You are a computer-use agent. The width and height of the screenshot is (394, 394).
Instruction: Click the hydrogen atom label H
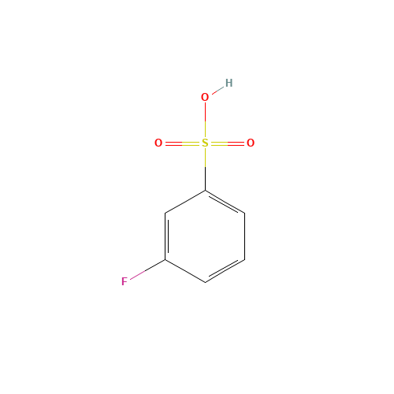coord(229,83)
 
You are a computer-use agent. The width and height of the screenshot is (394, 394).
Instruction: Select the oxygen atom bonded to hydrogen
coord(205,97)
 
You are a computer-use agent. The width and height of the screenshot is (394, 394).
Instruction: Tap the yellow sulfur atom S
coord(205,143)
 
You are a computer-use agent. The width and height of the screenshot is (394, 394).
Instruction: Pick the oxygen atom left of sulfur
coord(158,143)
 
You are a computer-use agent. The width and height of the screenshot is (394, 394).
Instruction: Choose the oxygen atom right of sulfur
coord(251,143)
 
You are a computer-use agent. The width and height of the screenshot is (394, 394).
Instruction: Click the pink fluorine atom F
coord(125,281)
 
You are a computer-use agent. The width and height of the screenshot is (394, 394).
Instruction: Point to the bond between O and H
coord(217,90)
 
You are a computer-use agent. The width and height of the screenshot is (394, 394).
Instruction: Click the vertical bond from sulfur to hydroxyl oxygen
coord(205,120)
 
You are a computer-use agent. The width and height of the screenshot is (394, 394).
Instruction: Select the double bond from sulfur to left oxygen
coord(181,143)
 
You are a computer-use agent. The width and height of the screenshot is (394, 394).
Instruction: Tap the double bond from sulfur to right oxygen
coord(229,143)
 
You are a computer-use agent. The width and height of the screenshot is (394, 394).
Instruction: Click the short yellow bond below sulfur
coord(205,158)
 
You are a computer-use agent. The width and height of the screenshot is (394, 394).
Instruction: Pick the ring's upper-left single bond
coord(185,202)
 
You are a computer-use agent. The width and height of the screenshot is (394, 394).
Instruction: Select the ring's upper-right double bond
coord(225,202)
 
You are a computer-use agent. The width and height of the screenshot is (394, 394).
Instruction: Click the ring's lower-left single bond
coord(185,270)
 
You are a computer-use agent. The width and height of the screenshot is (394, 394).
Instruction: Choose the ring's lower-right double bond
coord(225,270)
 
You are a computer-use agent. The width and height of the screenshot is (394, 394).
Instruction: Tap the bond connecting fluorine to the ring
coord(147,269)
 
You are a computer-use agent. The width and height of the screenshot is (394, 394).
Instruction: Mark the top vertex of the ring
coord(205,191)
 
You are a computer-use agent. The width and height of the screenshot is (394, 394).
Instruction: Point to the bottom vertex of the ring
coord(205,281)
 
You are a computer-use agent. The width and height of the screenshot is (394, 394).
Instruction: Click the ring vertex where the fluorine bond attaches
coord(165,259)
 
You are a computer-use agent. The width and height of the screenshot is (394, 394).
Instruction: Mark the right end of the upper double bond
coord(244,213)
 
